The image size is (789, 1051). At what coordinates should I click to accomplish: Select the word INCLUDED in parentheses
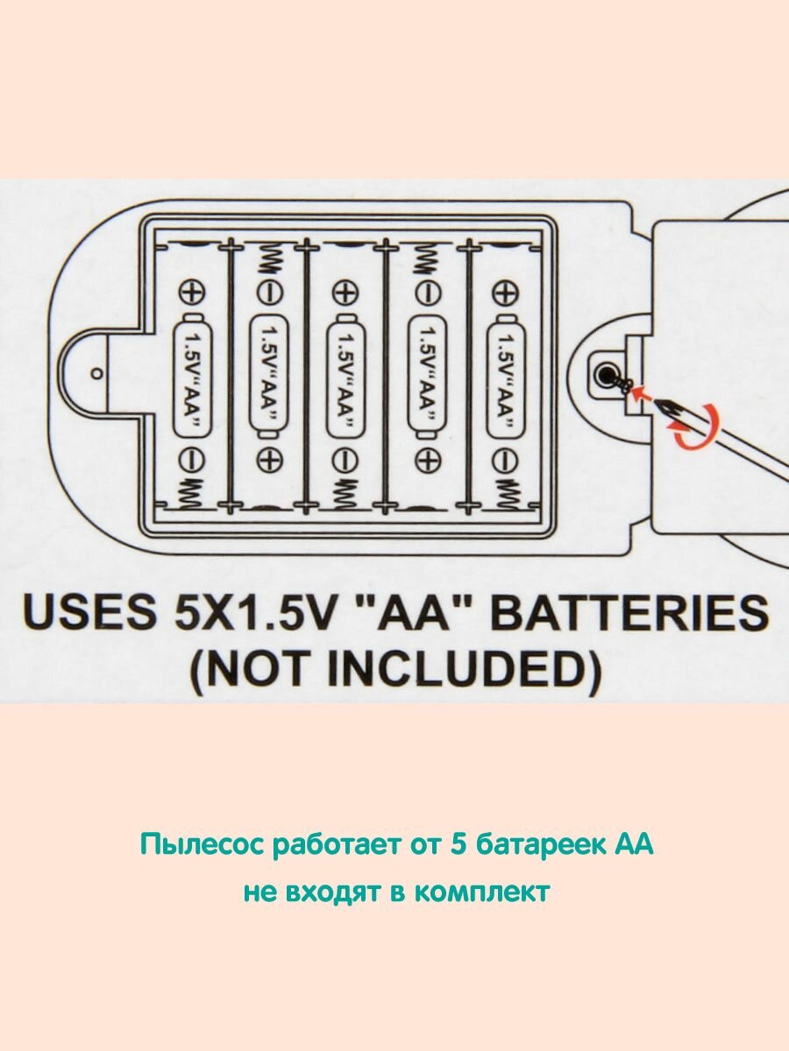tap(478, 669)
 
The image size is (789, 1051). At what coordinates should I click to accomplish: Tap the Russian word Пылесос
tap(201, 846)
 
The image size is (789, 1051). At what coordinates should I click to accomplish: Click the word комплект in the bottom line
tap(482, 892)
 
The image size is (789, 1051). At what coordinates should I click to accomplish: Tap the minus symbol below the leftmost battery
tap(192, 457)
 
